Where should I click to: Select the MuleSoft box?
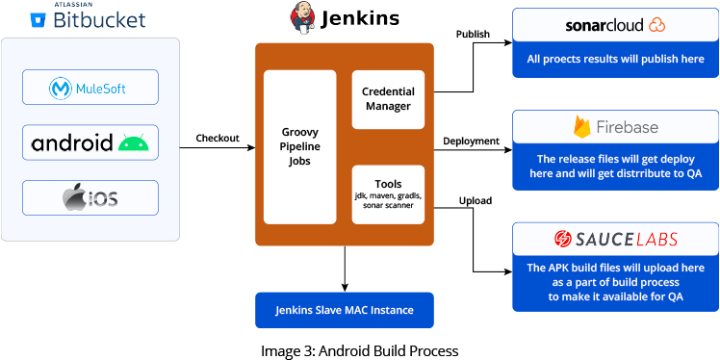[x=90, y=90]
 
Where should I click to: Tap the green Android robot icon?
[x=134, y=143]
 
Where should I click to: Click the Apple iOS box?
[x=90, y=197]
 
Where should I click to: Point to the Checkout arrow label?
[x=218, y=138]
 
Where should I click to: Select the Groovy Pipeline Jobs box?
[x=299, y=146]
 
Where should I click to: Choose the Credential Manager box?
[x=388, y=99]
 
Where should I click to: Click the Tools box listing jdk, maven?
[x=388, y=193]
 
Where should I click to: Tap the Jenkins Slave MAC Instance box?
[x=344, y=310]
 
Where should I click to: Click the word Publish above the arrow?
[x=472, y=36]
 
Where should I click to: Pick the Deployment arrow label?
[x=471, y=141]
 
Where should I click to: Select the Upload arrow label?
[x=475, y=200]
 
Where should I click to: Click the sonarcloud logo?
[x=615, y=24]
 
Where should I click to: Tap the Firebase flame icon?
[x=581, y=127]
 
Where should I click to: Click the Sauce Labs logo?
[x=615, y=238]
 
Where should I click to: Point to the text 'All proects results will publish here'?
[x=615, y=59]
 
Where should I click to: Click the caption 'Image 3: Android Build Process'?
[x=359, y=350]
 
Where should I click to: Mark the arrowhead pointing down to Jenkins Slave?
[x=344, y=284]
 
